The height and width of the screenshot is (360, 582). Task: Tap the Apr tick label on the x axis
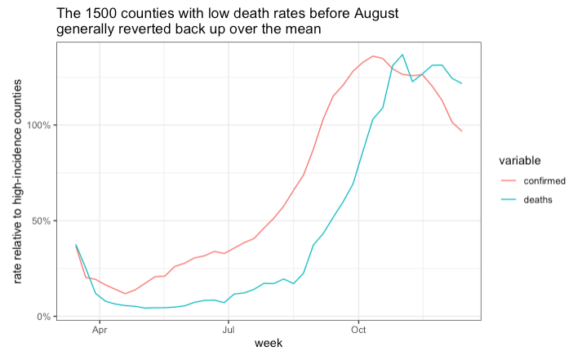[x=100, y=331]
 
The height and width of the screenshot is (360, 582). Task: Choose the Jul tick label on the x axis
[x=229, y=331]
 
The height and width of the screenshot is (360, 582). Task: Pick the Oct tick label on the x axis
[x=358, y=331]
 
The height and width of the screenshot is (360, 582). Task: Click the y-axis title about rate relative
[x=17, y=179]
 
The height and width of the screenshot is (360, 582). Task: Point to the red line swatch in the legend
[x=508, y=180]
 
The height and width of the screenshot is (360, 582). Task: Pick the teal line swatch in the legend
[x=508, y=200]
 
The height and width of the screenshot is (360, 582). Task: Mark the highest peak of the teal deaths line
[x=402, y=55]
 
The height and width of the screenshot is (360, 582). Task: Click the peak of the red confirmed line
[x=373, y=56]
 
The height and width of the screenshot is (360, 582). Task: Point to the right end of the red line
[x=462, y=131]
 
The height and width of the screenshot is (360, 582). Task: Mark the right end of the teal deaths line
[x=462, y=83]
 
